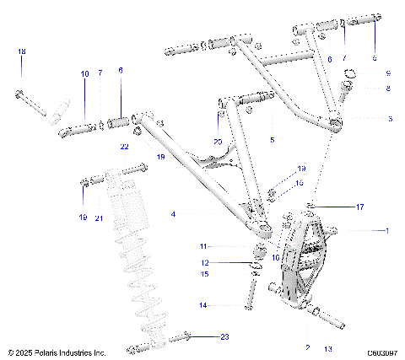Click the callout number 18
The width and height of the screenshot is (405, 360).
point(22,53)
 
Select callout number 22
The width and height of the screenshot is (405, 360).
point(124,147)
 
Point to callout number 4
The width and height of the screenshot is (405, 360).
point(173,215)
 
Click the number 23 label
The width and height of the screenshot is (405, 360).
point(224,336)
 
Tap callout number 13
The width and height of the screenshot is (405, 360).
point(328,347)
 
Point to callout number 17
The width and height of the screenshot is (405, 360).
point(359,206)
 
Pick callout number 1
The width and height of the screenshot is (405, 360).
point(387,229)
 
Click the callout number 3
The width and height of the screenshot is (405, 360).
point(389,119)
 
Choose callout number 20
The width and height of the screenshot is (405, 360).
point(218,141)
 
